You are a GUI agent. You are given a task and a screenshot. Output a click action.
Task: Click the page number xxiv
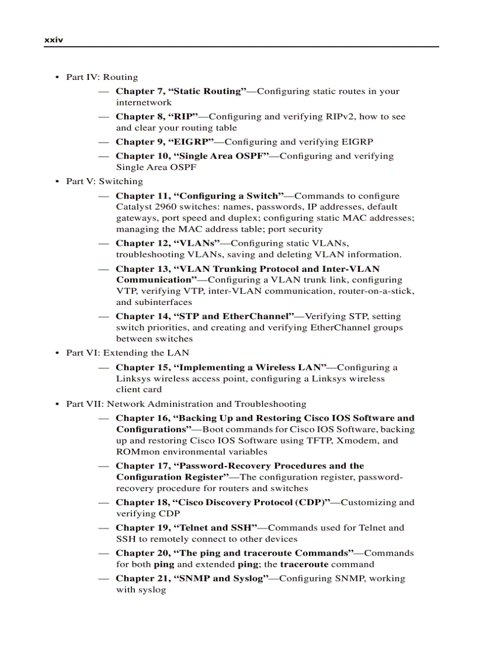[53, 40]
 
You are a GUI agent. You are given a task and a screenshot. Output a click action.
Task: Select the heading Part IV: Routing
[102, 77]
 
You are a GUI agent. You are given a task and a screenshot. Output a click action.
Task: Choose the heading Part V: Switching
[104, 181]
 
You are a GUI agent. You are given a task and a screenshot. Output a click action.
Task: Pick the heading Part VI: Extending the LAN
[127, 353]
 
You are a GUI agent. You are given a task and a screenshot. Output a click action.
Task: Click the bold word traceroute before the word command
[304, 564]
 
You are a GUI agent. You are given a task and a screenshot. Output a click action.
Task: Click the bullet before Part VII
[57, 404]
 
